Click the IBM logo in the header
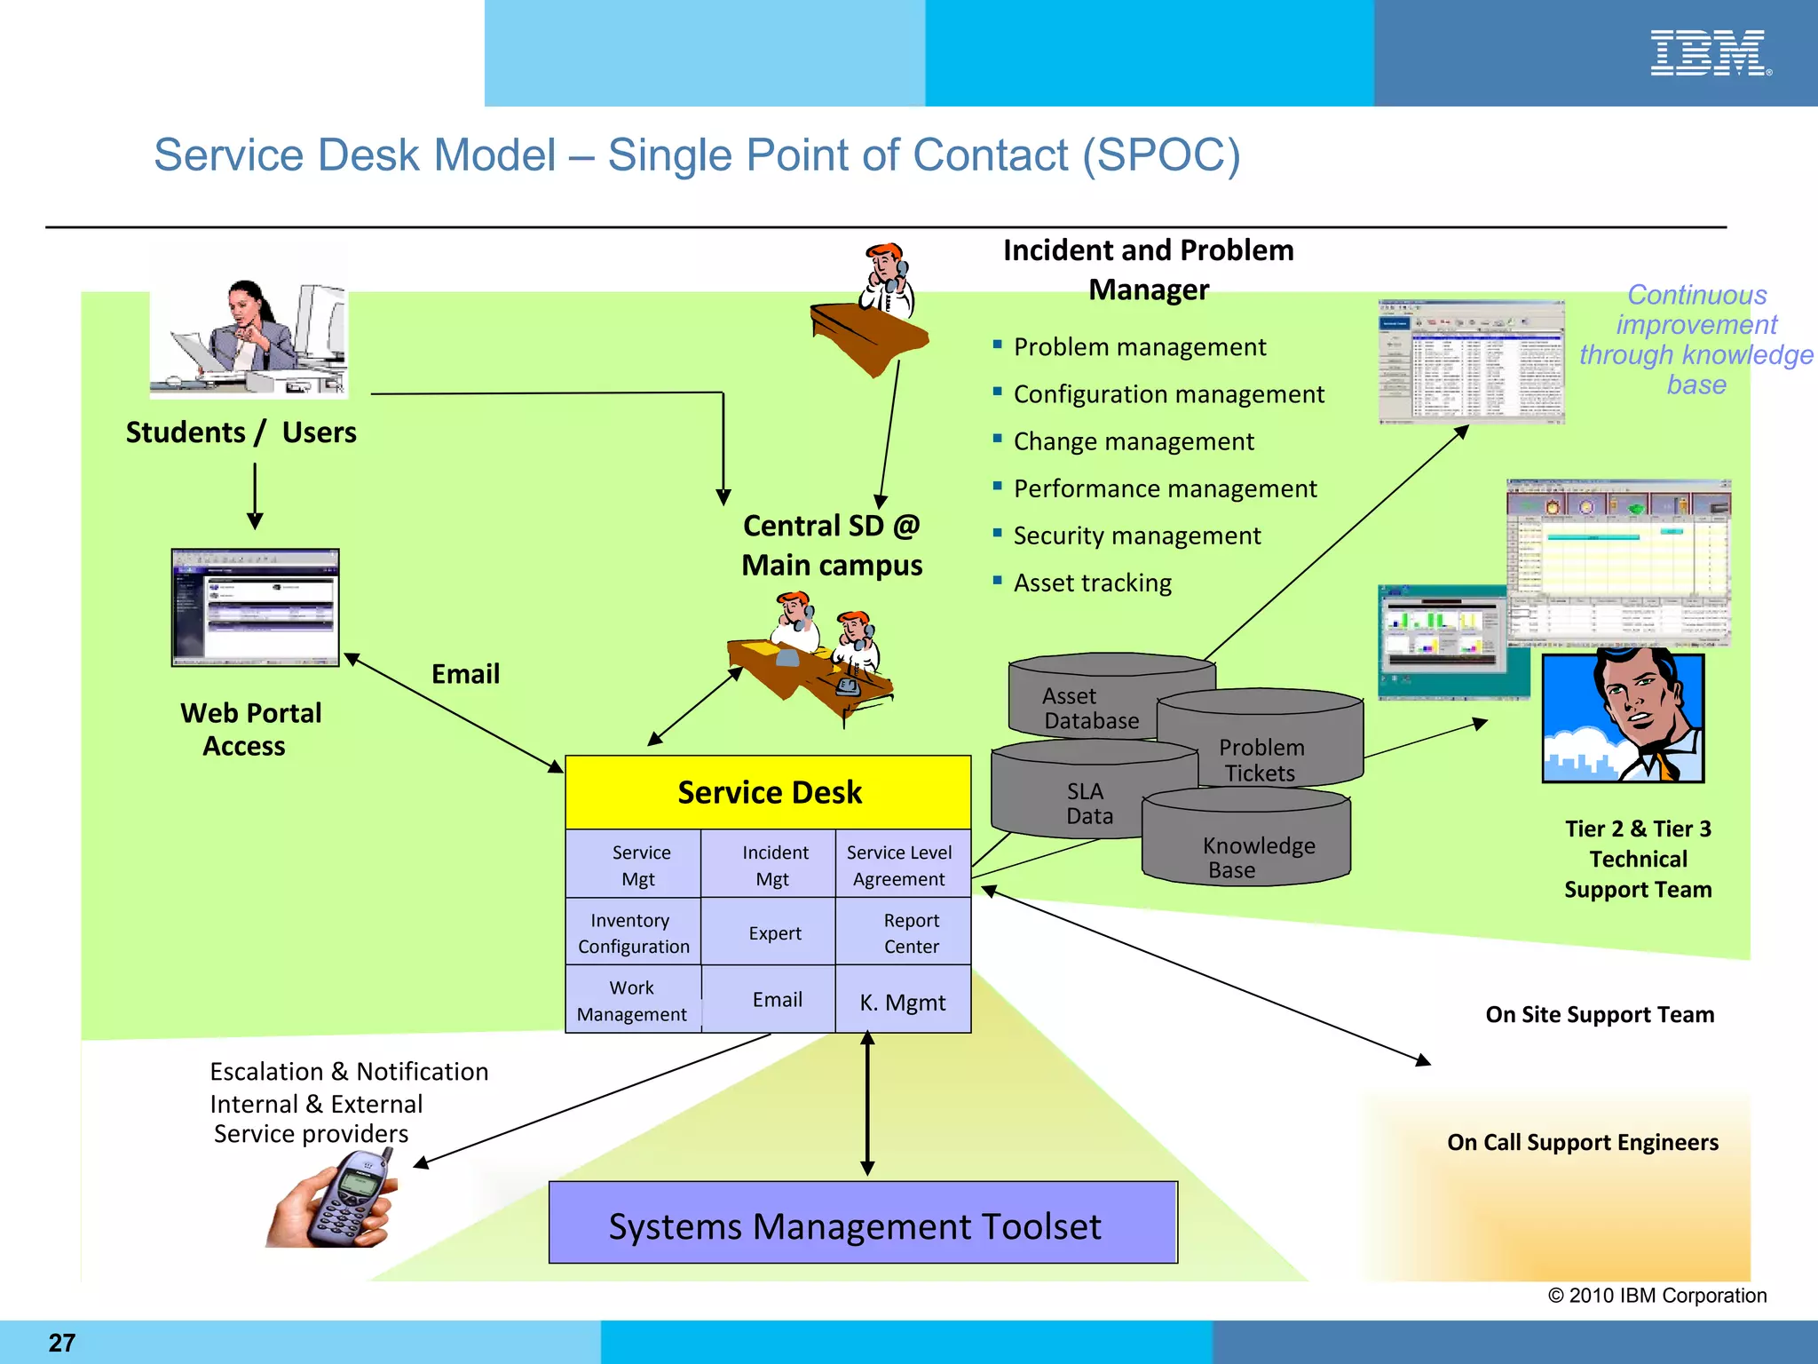(x=1710, y=53)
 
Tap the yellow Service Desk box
(x=769, y=792)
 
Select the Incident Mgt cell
(x=774, y=865)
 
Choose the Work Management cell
(x=632, y=1001)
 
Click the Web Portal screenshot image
(x=255, y=607)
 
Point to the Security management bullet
(x=1135, y=536)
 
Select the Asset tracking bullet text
(x=1092, y=583)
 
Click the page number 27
(x=62, y=1342)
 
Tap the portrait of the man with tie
(x=1623, y=718)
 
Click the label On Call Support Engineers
(x=1582, y=1143)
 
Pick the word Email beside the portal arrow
(x=465, y=674)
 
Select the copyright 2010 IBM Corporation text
(x=1656, y=1296)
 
